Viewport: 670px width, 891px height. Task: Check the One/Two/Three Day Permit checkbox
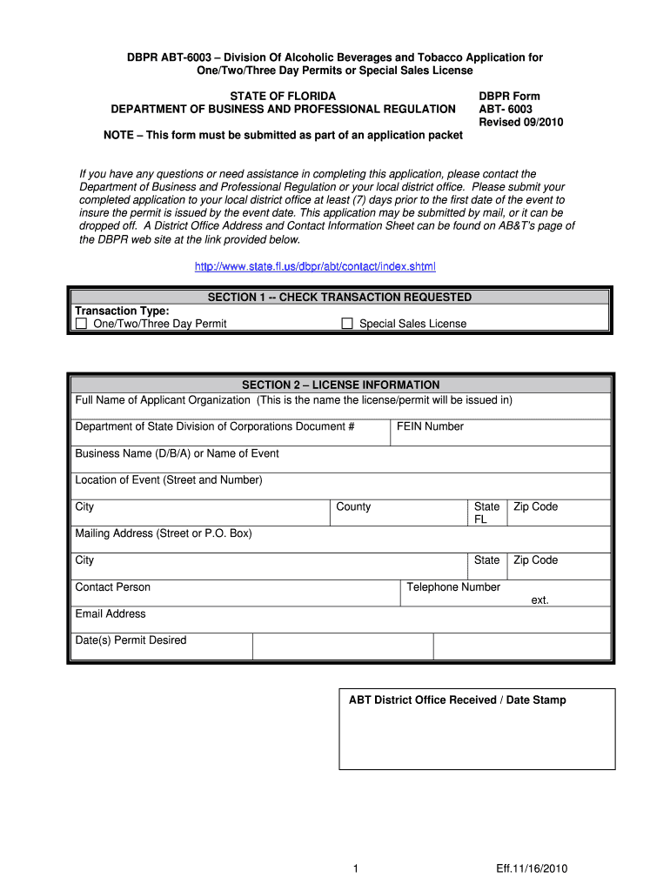pyautogui.click(x=82, y=324)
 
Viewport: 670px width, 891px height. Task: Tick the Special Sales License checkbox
pyautogui.click(x=347, y=324)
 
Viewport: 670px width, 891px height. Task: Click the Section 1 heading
pyautogui.click(x=339, y=298)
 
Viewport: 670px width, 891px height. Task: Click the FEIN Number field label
pyautogui.click(x=430, y=426)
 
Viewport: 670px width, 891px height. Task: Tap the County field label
pyautogui.click(x=353, y=506)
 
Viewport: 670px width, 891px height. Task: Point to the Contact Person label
pyautogui.click(x=113, y=587)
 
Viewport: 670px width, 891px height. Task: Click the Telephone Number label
pyautogui.click(x=453, y=587)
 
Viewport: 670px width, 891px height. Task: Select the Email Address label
pyautogui.click(x=111, y=613)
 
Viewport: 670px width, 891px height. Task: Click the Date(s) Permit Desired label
pyautogui.click(x=131, y=640)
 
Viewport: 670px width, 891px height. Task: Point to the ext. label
pyautogui.click(x=540, y=600)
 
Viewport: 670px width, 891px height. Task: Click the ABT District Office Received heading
pyautogui.click(x=457, y=700)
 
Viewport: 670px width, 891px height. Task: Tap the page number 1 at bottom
pyautogui.click(x=357, y=868)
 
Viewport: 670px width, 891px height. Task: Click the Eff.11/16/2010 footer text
pyautogui.click(x=533, y=868)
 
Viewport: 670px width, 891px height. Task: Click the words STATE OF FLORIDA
pyautogui.click(x=283, y=96)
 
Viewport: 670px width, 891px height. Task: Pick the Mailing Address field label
pyautogui.click(x=164, y=533)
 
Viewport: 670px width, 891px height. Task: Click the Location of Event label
pyautogui.click(x=169, y=479)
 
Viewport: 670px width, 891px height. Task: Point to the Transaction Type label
pyautogui.click(x=122, y=311)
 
